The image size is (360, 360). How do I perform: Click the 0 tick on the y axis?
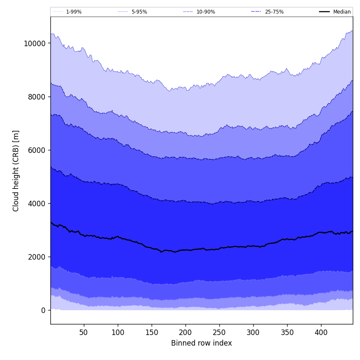coord(43,310)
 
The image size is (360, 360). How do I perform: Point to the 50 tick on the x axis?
coord(83,332)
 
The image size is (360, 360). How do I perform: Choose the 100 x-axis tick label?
coord(118,332)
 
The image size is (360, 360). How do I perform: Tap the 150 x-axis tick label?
coord(152,332)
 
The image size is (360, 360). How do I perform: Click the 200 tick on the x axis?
coord(186,332)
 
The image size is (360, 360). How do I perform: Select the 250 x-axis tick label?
coord(219,332)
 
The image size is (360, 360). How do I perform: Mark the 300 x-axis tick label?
coord(253,332)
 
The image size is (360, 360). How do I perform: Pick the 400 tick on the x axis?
coord(321,332)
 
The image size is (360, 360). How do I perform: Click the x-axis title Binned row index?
coord(202,343)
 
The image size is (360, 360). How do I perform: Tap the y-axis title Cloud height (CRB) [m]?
coord(16,171)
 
